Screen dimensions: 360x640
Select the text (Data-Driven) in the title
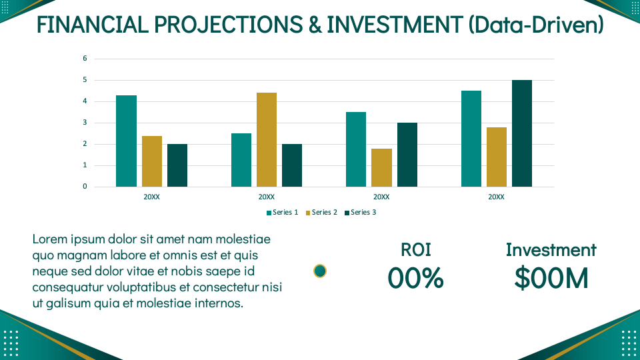point(536,25)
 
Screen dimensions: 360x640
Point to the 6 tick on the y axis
point(85,59)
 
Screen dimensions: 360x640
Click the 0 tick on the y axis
point(85,187)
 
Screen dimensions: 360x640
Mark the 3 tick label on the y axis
point(85,123)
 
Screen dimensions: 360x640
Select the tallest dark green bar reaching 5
point(522,133)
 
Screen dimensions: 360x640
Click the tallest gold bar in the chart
point(267,140)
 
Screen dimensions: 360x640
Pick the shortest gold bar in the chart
point(381,167)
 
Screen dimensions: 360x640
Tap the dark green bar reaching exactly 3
point(407,155)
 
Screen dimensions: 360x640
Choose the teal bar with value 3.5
point(356,149)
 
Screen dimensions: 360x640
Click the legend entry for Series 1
point(283,213)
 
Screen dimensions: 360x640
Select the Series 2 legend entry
point(322,213)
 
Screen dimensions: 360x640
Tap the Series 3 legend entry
point(361,213)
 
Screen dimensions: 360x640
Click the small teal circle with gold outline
point(320,271)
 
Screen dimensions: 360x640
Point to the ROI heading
point(415,250)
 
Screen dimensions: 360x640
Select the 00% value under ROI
point(415,278)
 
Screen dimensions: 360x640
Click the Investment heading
point(551,250)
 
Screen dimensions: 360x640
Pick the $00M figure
point(551,278)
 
